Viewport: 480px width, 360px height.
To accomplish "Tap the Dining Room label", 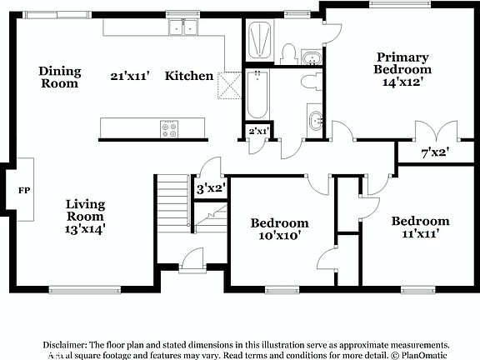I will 59,77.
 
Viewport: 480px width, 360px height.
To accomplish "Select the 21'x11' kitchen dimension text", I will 129,76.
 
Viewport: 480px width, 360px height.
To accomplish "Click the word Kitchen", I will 189,76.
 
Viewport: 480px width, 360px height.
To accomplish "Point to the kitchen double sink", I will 184,29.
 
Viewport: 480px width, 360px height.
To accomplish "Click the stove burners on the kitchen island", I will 170,128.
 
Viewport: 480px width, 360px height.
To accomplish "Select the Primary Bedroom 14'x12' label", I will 402,69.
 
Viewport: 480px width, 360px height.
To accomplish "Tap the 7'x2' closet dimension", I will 435,152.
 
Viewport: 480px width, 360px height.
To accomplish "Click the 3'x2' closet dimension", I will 211,187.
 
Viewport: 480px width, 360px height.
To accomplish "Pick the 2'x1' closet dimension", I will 257,131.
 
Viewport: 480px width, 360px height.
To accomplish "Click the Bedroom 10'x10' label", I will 280,229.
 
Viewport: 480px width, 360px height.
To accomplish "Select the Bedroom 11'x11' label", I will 421,227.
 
